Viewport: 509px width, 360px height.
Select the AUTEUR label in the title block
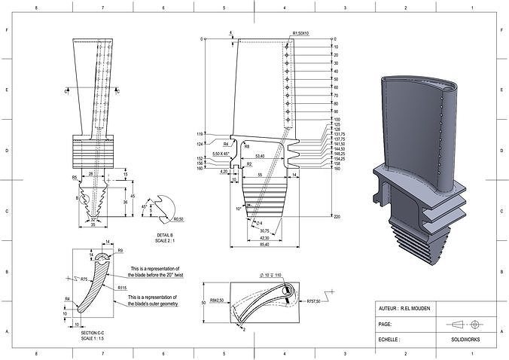389,309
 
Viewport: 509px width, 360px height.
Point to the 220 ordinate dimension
337,217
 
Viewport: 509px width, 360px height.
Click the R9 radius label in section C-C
120,251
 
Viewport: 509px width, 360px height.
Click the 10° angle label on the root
238,209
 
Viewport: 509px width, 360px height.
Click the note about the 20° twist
154,272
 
